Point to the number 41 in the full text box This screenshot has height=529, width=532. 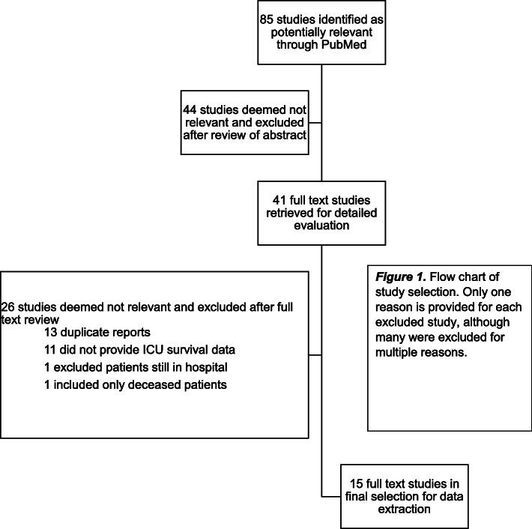pyautogui.click(x=281, y=198)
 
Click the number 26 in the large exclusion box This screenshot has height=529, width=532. pyautogui.click(x=12, y=306)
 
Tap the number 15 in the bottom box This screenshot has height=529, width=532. pyautogui.click(x=348, y=472)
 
